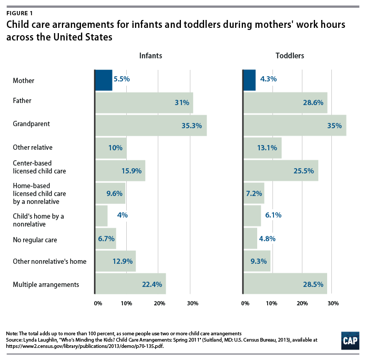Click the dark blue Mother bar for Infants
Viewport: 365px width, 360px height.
click(x=104, y=79)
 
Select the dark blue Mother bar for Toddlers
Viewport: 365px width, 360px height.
click(x=249, y=79)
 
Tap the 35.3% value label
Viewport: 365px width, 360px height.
click(x=192, y=126)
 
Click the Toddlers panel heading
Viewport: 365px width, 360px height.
click(x=289, y=56)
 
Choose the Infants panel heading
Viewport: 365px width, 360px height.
click(x=150, y=56)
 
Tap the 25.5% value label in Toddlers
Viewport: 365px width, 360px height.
click(x=304, y=171)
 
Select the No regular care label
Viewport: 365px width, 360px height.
click(x=34, y=240)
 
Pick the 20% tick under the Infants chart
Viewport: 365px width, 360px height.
click(x=159, y=303)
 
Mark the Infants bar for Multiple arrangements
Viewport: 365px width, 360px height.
click(x=130, y=284)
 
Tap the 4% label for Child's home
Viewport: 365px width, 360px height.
click(x=122, y=215)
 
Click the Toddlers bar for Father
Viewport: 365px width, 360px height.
click(x=285, y=102)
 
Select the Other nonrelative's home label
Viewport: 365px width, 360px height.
click(x=49, y=261)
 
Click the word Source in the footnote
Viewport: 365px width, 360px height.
click(x=15, y=340)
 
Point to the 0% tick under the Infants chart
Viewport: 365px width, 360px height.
click(x=98, y=303)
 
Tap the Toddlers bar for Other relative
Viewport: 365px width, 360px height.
click(x=262, y=148)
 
